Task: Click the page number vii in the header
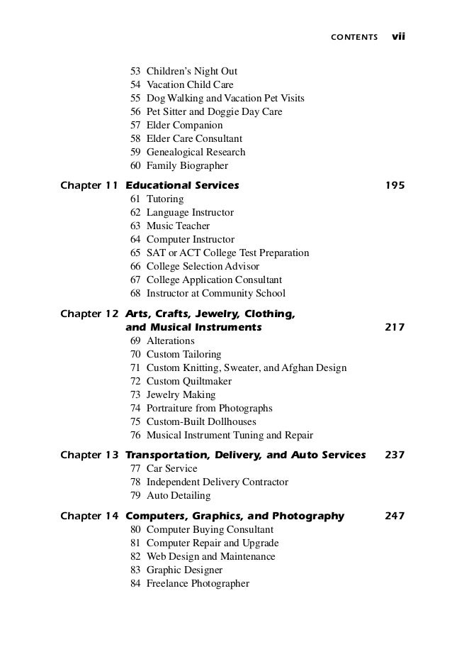coord(397,35)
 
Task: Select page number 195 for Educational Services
coord(394,186)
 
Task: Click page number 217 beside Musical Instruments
coord(394,328)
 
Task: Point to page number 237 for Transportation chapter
coord(394,455)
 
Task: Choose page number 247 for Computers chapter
coord(394,516)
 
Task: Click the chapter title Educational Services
coord(182,186)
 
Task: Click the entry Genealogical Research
coord(196,152)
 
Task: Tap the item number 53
coord(135,71)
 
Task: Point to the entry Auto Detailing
coord(178,495)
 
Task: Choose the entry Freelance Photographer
coord(198,583)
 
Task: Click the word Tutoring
coord(164,199)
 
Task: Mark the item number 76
coord(135,435)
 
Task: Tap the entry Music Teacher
coord(178,226)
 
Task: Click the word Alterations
coord(169,341)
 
